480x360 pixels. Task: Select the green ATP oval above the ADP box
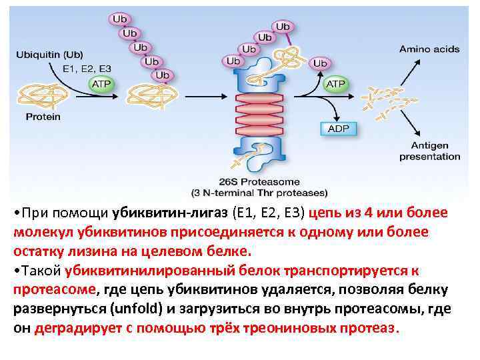(335, 84)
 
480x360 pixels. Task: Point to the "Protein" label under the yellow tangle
(43, 117)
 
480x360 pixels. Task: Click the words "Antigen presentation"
(429, 151)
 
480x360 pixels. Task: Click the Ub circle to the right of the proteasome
(320, 63)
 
